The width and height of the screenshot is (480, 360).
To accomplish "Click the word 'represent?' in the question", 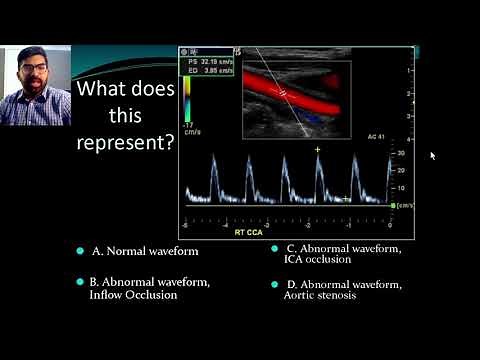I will click(x=126, y=141).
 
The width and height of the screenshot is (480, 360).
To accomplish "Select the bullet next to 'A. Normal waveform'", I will click(x=79, y=250).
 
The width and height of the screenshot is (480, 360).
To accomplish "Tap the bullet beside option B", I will click(x=79, y=282).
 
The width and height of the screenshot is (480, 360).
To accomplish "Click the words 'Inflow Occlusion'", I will click(x=133, y=295).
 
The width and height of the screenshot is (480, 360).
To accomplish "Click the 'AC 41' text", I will click(x=376, y=135).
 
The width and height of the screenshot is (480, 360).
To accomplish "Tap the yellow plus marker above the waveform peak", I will click(x=318, y=149).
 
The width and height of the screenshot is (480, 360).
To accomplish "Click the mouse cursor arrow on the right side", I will click(x=432, y=155).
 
